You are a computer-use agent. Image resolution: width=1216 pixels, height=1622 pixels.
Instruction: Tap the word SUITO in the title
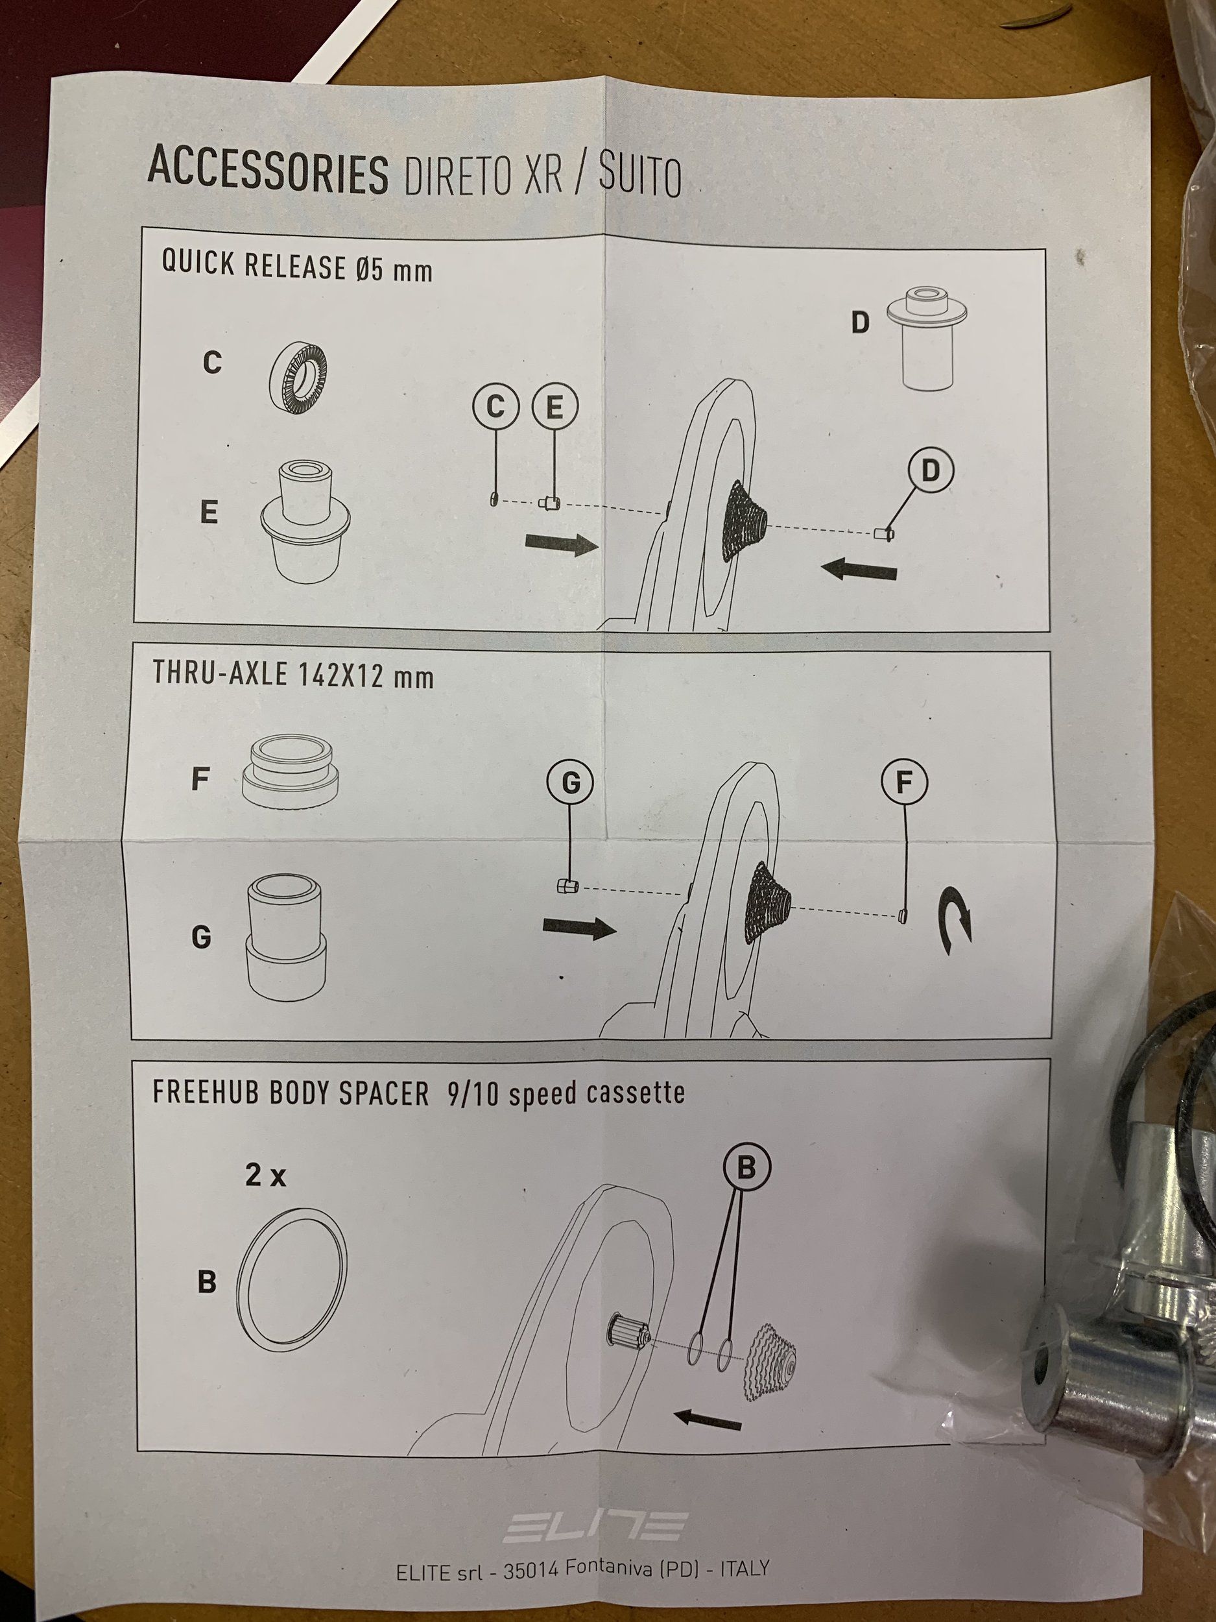pyautogui.click(x=639, y=176)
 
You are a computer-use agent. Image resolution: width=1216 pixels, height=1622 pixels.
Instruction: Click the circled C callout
pyautogui.click(x=495, y=406)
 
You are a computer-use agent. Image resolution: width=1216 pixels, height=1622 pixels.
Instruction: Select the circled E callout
pyautogui.click(x=555, y=406)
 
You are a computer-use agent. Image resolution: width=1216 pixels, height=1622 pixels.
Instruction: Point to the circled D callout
pyautogui.click(x=929, y=471)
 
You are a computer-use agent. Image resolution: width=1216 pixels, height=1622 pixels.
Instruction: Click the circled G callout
pyautogui.click(x=570, y=783)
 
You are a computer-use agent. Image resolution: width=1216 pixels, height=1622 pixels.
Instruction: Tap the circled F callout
pyautogui.click(x=904, y=782)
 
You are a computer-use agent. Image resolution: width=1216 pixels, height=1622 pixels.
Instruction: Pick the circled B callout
pyautogui.click(x=746, y=1167)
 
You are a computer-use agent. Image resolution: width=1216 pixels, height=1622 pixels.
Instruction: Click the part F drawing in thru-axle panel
pyautogui.click(x=291, y=774)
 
